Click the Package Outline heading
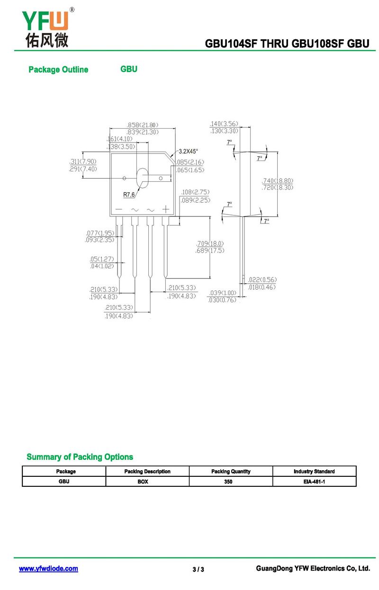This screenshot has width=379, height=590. (x=58, y=70)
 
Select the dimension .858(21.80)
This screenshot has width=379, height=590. (x=142, y=125)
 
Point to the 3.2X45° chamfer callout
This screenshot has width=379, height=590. (x=188, y=151)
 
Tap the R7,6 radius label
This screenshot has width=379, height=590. (x=129, y=195)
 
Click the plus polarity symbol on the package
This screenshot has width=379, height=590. (x=166, y=209)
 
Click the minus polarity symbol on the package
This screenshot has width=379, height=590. (x=118, y=209)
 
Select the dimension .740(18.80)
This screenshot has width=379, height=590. (x=277, y=181)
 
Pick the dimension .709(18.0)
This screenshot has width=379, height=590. (x=210, y=244)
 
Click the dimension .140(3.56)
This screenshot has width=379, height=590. (x=224, y=124)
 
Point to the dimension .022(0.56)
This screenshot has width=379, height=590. (x=262, y=279)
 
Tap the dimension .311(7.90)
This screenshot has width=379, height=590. (x=83, y=161)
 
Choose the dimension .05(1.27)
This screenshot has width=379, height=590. (x=102, y=259)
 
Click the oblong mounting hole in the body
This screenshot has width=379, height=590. (x=142, y=178)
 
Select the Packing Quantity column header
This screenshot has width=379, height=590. (x=231, y=471)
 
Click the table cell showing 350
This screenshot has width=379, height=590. (x=228, y=482)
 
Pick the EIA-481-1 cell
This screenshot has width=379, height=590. (x=314, y=482)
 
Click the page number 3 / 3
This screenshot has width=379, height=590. (x=198, y=569)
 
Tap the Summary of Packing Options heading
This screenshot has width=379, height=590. (x=80, y=457)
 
